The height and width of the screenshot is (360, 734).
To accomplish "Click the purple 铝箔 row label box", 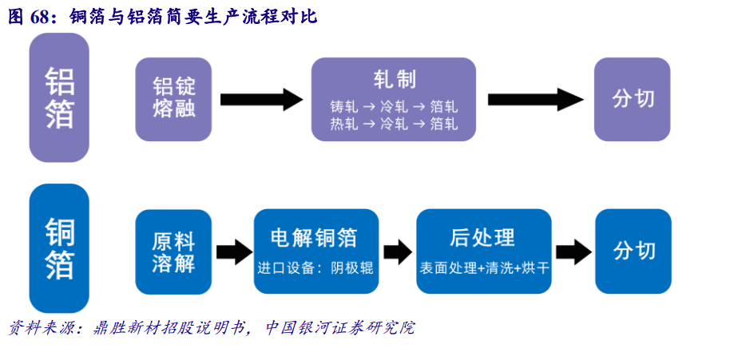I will coord(59,97).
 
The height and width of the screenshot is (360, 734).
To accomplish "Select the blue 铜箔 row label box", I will coord(59,247).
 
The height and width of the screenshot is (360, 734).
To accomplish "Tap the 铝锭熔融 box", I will coord(174,99).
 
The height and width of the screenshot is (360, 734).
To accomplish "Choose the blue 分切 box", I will coord(633,251).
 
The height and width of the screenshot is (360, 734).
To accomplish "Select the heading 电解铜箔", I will coord(314,238).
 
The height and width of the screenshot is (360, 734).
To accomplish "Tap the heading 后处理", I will coord(482,237).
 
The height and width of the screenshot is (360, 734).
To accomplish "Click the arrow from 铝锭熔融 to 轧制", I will coord(260,100).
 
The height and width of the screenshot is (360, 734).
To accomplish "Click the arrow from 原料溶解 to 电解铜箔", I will coord(233,251).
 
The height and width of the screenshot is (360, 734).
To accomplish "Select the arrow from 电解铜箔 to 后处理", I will coord(397,252).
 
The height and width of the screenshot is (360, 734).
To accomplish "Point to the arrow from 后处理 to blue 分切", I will coord(573,252).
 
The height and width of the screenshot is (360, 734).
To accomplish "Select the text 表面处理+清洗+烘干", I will coord(484,268).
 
